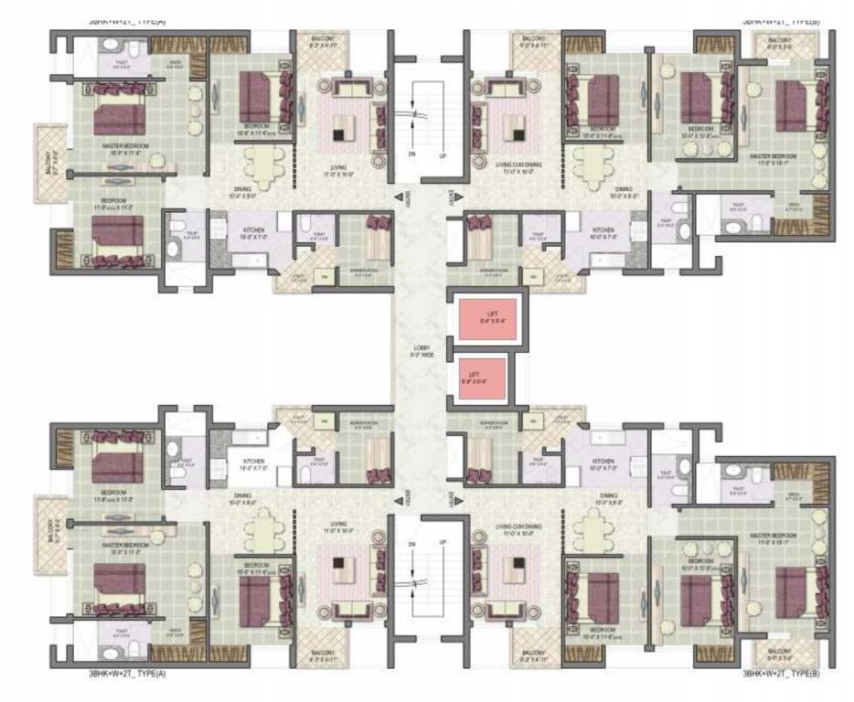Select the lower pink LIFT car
tap(475, 378)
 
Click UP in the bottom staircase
tap(443, 543)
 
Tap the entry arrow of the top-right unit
tap(450, 197)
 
